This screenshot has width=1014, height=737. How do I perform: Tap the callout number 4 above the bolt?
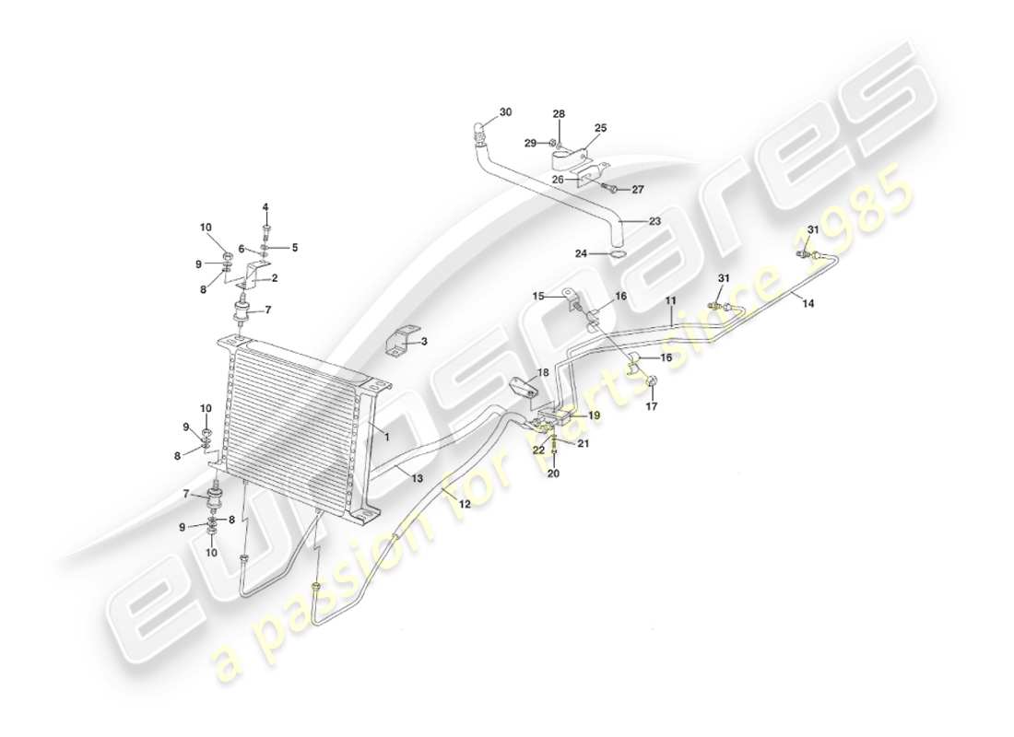coord(265,206)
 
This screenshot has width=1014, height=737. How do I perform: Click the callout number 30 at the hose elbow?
coord(504,113)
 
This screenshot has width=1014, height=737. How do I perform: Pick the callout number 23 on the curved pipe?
coord(655,221)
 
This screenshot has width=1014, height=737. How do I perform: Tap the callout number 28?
coord(559,113)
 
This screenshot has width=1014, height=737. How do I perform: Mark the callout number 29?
coord(530,143)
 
